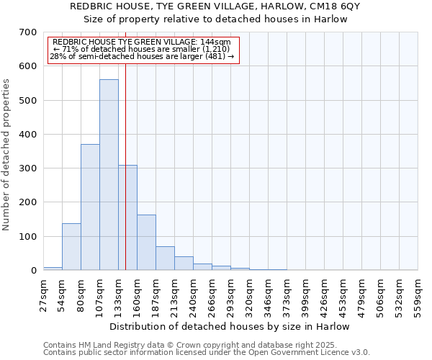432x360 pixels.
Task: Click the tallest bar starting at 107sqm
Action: coord(109,175)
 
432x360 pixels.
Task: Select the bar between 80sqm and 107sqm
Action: coord(90,207)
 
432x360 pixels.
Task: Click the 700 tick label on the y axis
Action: coord(28,32)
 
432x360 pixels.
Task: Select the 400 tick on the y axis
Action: coord(28,135)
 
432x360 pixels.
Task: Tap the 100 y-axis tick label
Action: coord(28,237)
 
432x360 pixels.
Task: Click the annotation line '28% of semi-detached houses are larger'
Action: coord(142,56)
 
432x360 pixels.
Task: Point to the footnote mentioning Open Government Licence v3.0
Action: coord(207,352)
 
